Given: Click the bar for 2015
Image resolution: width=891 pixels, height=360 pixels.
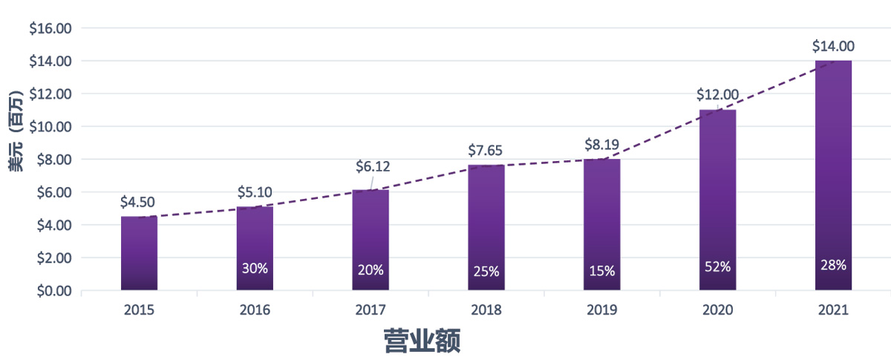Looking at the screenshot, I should (x=139, y=252).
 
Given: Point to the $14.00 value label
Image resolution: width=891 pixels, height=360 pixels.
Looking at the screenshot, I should (x=833, y=46).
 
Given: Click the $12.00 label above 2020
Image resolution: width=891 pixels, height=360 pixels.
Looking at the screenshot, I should (x=717, y=94).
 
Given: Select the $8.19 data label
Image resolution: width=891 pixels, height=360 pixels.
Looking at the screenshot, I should (x=602, y=143).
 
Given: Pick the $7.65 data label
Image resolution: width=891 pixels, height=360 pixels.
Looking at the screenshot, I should (x=486, y=150).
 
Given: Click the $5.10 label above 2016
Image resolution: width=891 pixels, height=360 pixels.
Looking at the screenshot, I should (x=255, y=192).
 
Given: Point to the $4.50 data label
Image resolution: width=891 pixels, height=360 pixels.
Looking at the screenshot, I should (x=139, y=202).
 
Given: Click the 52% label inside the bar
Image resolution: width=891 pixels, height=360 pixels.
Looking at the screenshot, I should (x=717, y=265).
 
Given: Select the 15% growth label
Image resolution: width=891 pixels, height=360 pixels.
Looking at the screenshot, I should (x=602, y=271).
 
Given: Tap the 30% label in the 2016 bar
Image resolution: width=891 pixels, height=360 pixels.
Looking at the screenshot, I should (x=255, y=269).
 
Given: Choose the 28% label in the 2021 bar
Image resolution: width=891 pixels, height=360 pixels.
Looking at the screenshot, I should (x=833, y=265).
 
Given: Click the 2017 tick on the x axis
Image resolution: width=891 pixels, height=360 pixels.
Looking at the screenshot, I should (x=371, y=310).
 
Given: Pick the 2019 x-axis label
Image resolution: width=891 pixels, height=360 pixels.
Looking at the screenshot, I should (x=602, y=310).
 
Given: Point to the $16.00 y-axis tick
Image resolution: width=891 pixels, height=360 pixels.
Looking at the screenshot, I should (x=50, y=28).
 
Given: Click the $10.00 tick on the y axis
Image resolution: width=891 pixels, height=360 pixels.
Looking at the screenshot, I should (x=50, y=127).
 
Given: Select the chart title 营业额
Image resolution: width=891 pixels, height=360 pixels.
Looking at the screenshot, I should (x=422, y=341).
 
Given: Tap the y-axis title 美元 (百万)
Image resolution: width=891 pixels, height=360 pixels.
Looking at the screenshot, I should (x=16, y=131).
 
